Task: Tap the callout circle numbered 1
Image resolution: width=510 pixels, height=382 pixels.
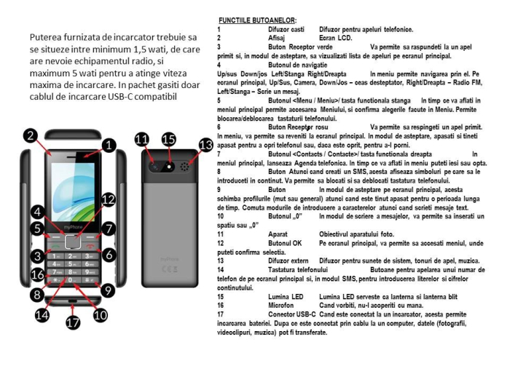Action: (x=107, y=146)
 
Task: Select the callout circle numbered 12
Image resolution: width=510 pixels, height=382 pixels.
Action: (x=107, y=199)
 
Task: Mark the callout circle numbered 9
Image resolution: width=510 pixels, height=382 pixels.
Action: (x=107, y=290)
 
